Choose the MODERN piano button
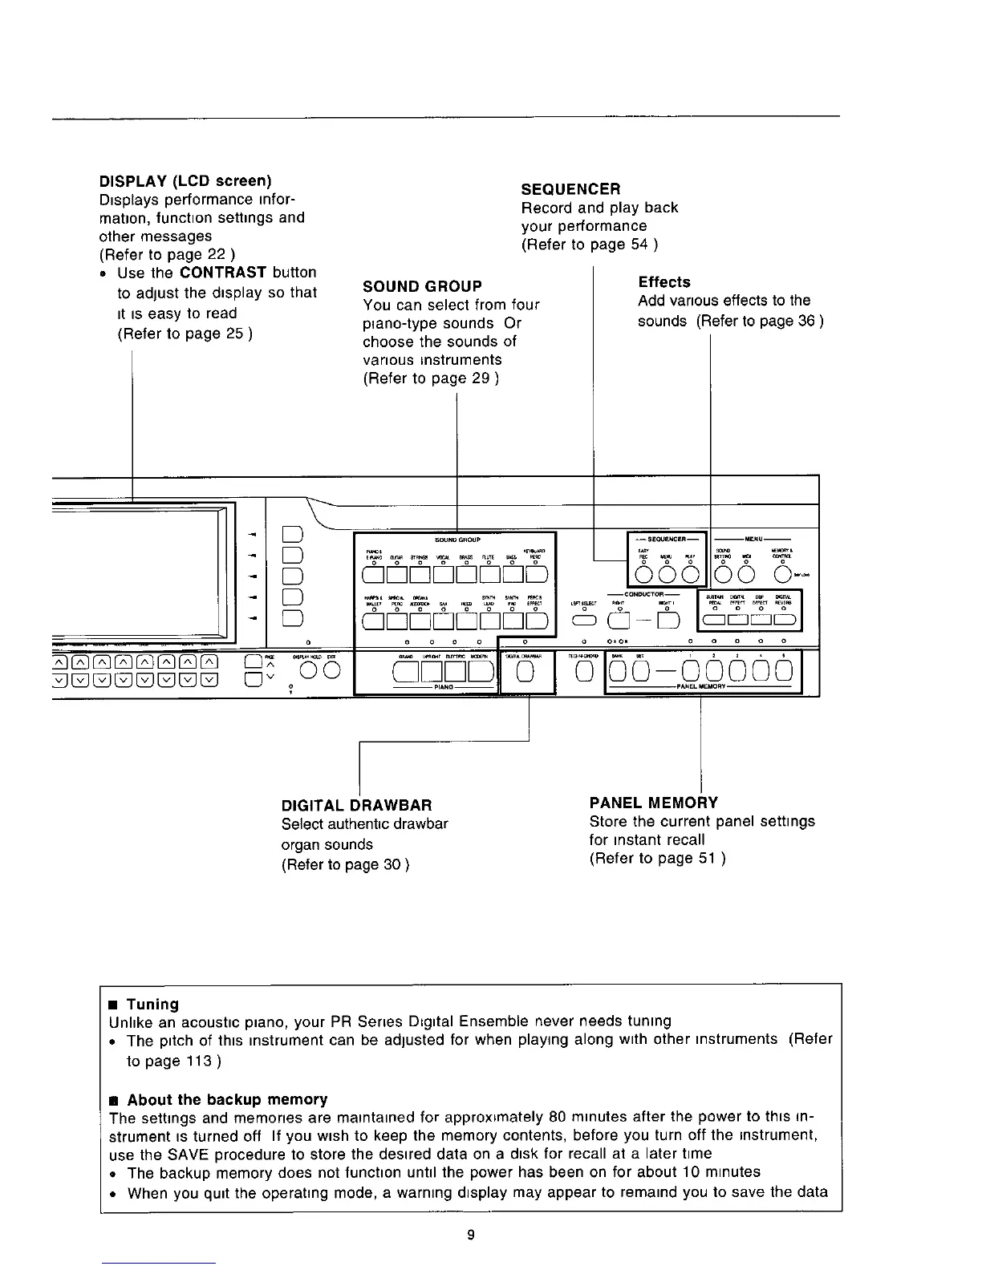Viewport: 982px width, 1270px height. coord(480,671)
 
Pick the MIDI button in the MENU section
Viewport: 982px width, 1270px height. coord(746,575)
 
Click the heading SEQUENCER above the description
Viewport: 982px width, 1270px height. coord(570,189)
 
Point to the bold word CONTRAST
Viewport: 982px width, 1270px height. coord(223,273)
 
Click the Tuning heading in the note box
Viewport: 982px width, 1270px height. coord(152,1004)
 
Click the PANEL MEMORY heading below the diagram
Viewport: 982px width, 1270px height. coord(653,803)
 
